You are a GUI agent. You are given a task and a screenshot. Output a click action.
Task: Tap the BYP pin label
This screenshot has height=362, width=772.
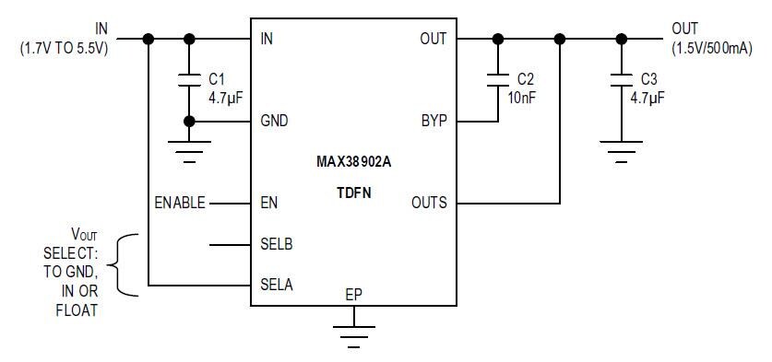[x=433, y=121]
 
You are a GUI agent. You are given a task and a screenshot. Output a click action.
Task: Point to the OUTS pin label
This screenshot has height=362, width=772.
[x=429, y=203]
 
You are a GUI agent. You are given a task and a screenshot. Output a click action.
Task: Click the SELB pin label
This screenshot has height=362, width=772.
[x=277, y=245]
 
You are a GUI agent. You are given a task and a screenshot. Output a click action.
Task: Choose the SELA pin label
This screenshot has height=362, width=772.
[x=277, y=285]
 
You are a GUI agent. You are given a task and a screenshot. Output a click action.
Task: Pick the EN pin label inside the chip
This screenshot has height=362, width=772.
[x=269, y=203]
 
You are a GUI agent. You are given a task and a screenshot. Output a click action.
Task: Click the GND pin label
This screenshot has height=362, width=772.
[x=275, y=121]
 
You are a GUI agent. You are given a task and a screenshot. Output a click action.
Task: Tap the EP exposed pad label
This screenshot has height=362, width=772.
[x=353, y=296]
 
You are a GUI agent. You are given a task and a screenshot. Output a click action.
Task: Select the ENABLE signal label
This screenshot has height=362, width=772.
[x=180, y=203]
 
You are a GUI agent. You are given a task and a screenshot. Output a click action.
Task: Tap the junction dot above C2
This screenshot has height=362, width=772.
[x=498, y=39]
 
